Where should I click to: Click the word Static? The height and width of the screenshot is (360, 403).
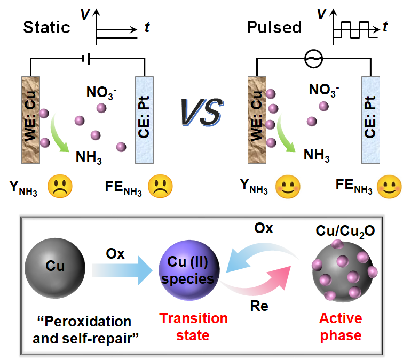[46, 27]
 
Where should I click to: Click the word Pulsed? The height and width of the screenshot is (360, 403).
[274, 27]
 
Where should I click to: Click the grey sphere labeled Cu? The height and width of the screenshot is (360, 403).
[54, 266]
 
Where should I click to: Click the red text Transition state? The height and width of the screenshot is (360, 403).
[194, 327]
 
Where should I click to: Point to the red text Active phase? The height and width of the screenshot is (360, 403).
[341, 327]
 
